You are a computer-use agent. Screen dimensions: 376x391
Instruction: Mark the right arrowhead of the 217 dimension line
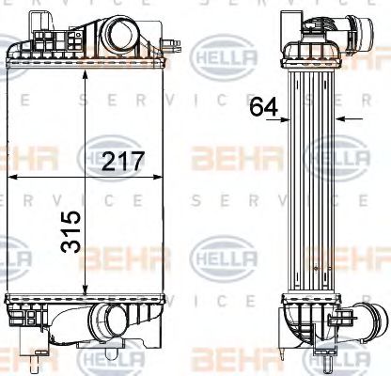pyautogui.click(x=168, y=176)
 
